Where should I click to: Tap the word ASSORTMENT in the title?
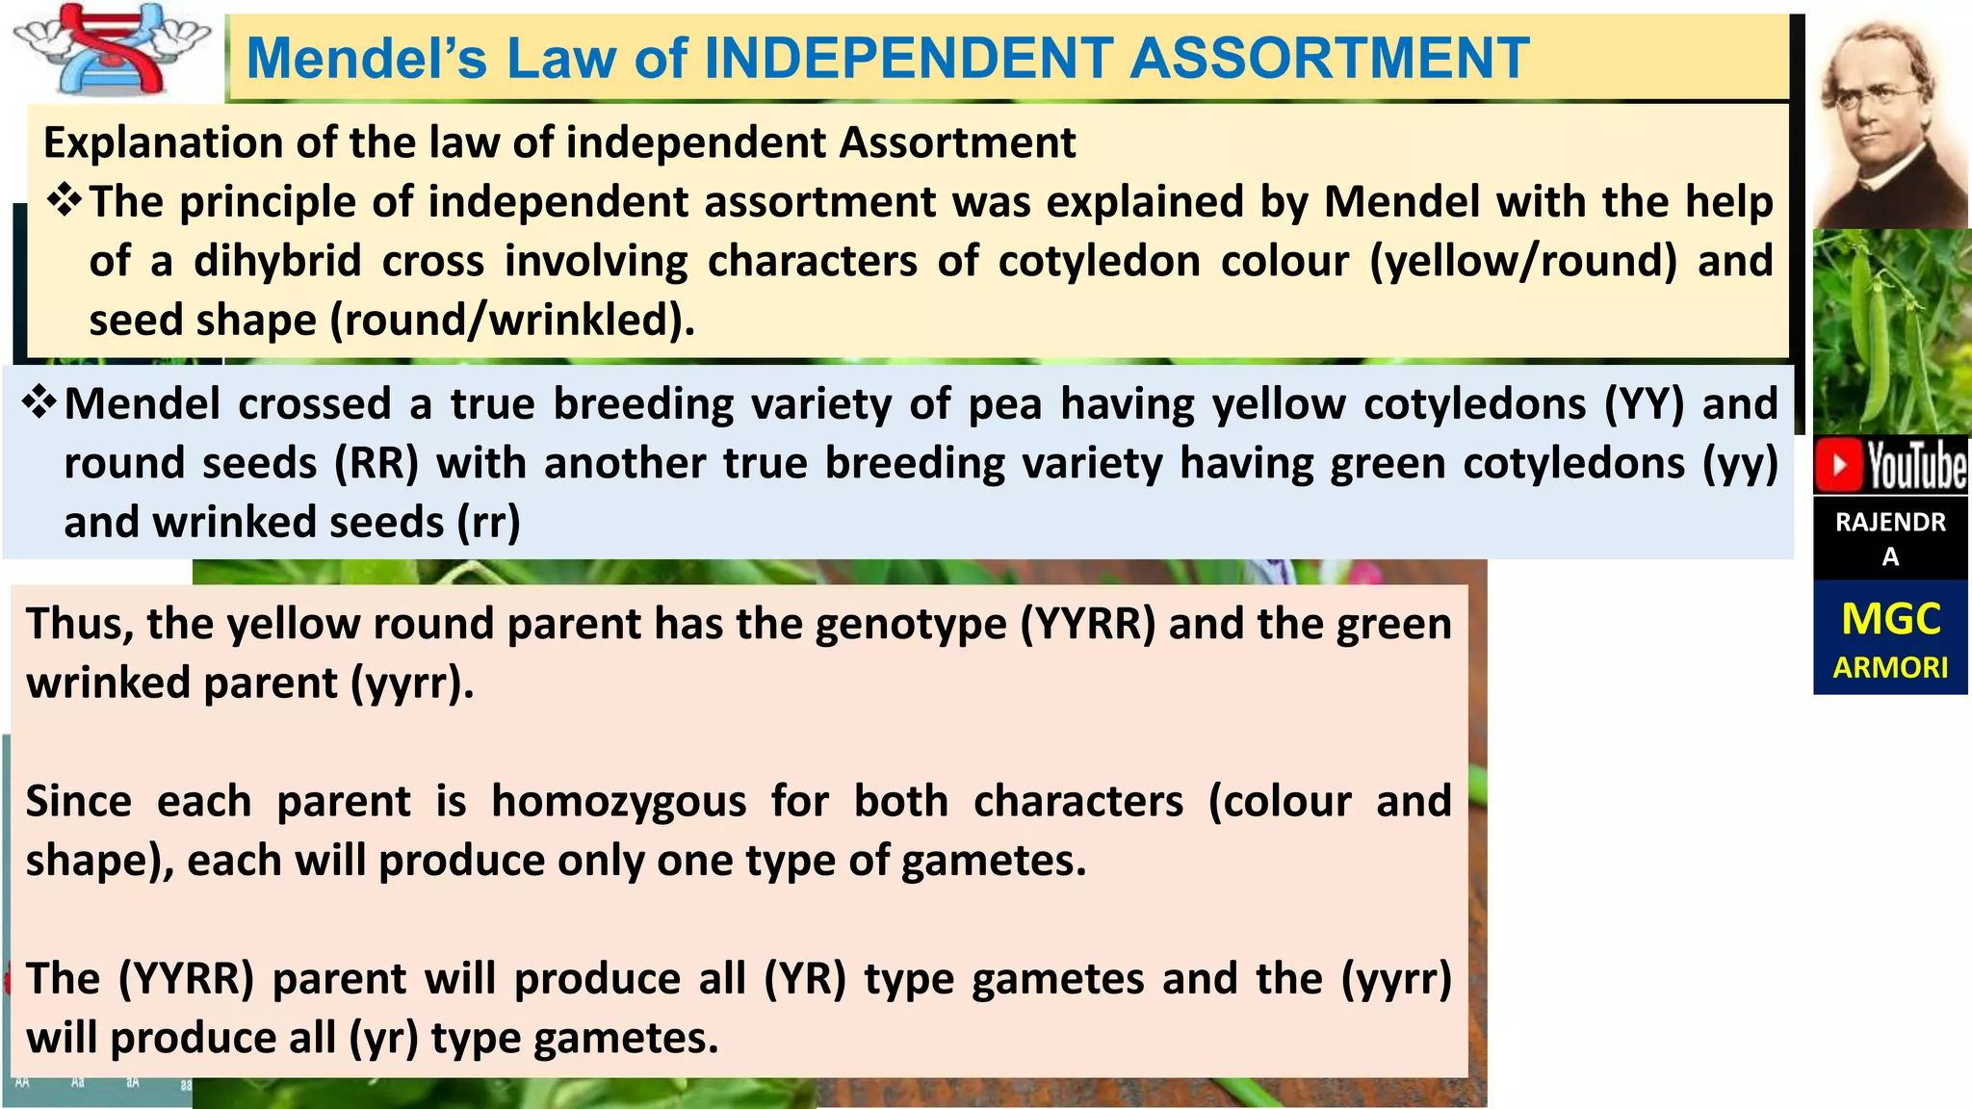1329,58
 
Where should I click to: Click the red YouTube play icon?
1840,466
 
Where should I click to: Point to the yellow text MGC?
1890,619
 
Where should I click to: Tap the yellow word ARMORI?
1890,667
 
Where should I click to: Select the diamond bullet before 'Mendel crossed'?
39,402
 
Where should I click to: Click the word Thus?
80,624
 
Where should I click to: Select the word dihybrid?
277,261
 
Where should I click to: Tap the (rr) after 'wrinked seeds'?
488,522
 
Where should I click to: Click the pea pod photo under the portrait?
1891,332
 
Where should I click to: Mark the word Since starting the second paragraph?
79,801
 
